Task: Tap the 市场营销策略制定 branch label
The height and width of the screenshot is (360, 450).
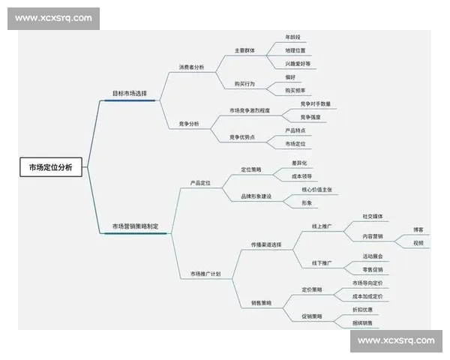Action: (135, 226)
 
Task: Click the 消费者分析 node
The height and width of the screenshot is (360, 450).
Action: (191, 67)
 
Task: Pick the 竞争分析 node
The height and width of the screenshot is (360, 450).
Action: (189, 123)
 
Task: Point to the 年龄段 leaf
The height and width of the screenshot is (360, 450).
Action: (292, 37)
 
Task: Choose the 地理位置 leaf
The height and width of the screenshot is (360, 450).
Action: (295, 50)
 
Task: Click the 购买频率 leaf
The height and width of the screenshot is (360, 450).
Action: (298, 90)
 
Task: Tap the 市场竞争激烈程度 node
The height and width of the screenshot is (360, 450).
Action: (250, 110)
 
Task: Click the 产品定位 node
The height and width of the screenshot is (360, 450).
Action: (200, 182)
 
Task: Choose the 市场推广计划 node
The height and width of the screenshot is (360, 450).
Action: (205, 274)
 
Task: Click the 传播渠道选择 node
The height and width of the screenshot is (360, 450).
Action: (265, 245)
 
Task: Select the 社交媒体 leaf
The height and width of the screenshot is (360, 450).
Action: (373, 216)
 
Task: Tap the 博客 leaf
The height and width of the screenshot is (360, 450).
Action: (418, 229)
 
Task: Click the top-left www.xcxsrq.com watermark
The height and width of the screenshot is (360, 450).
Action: (53, 18)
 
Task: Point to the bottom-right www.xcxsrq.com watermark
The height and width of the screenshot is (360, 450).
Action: (396, 340)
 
